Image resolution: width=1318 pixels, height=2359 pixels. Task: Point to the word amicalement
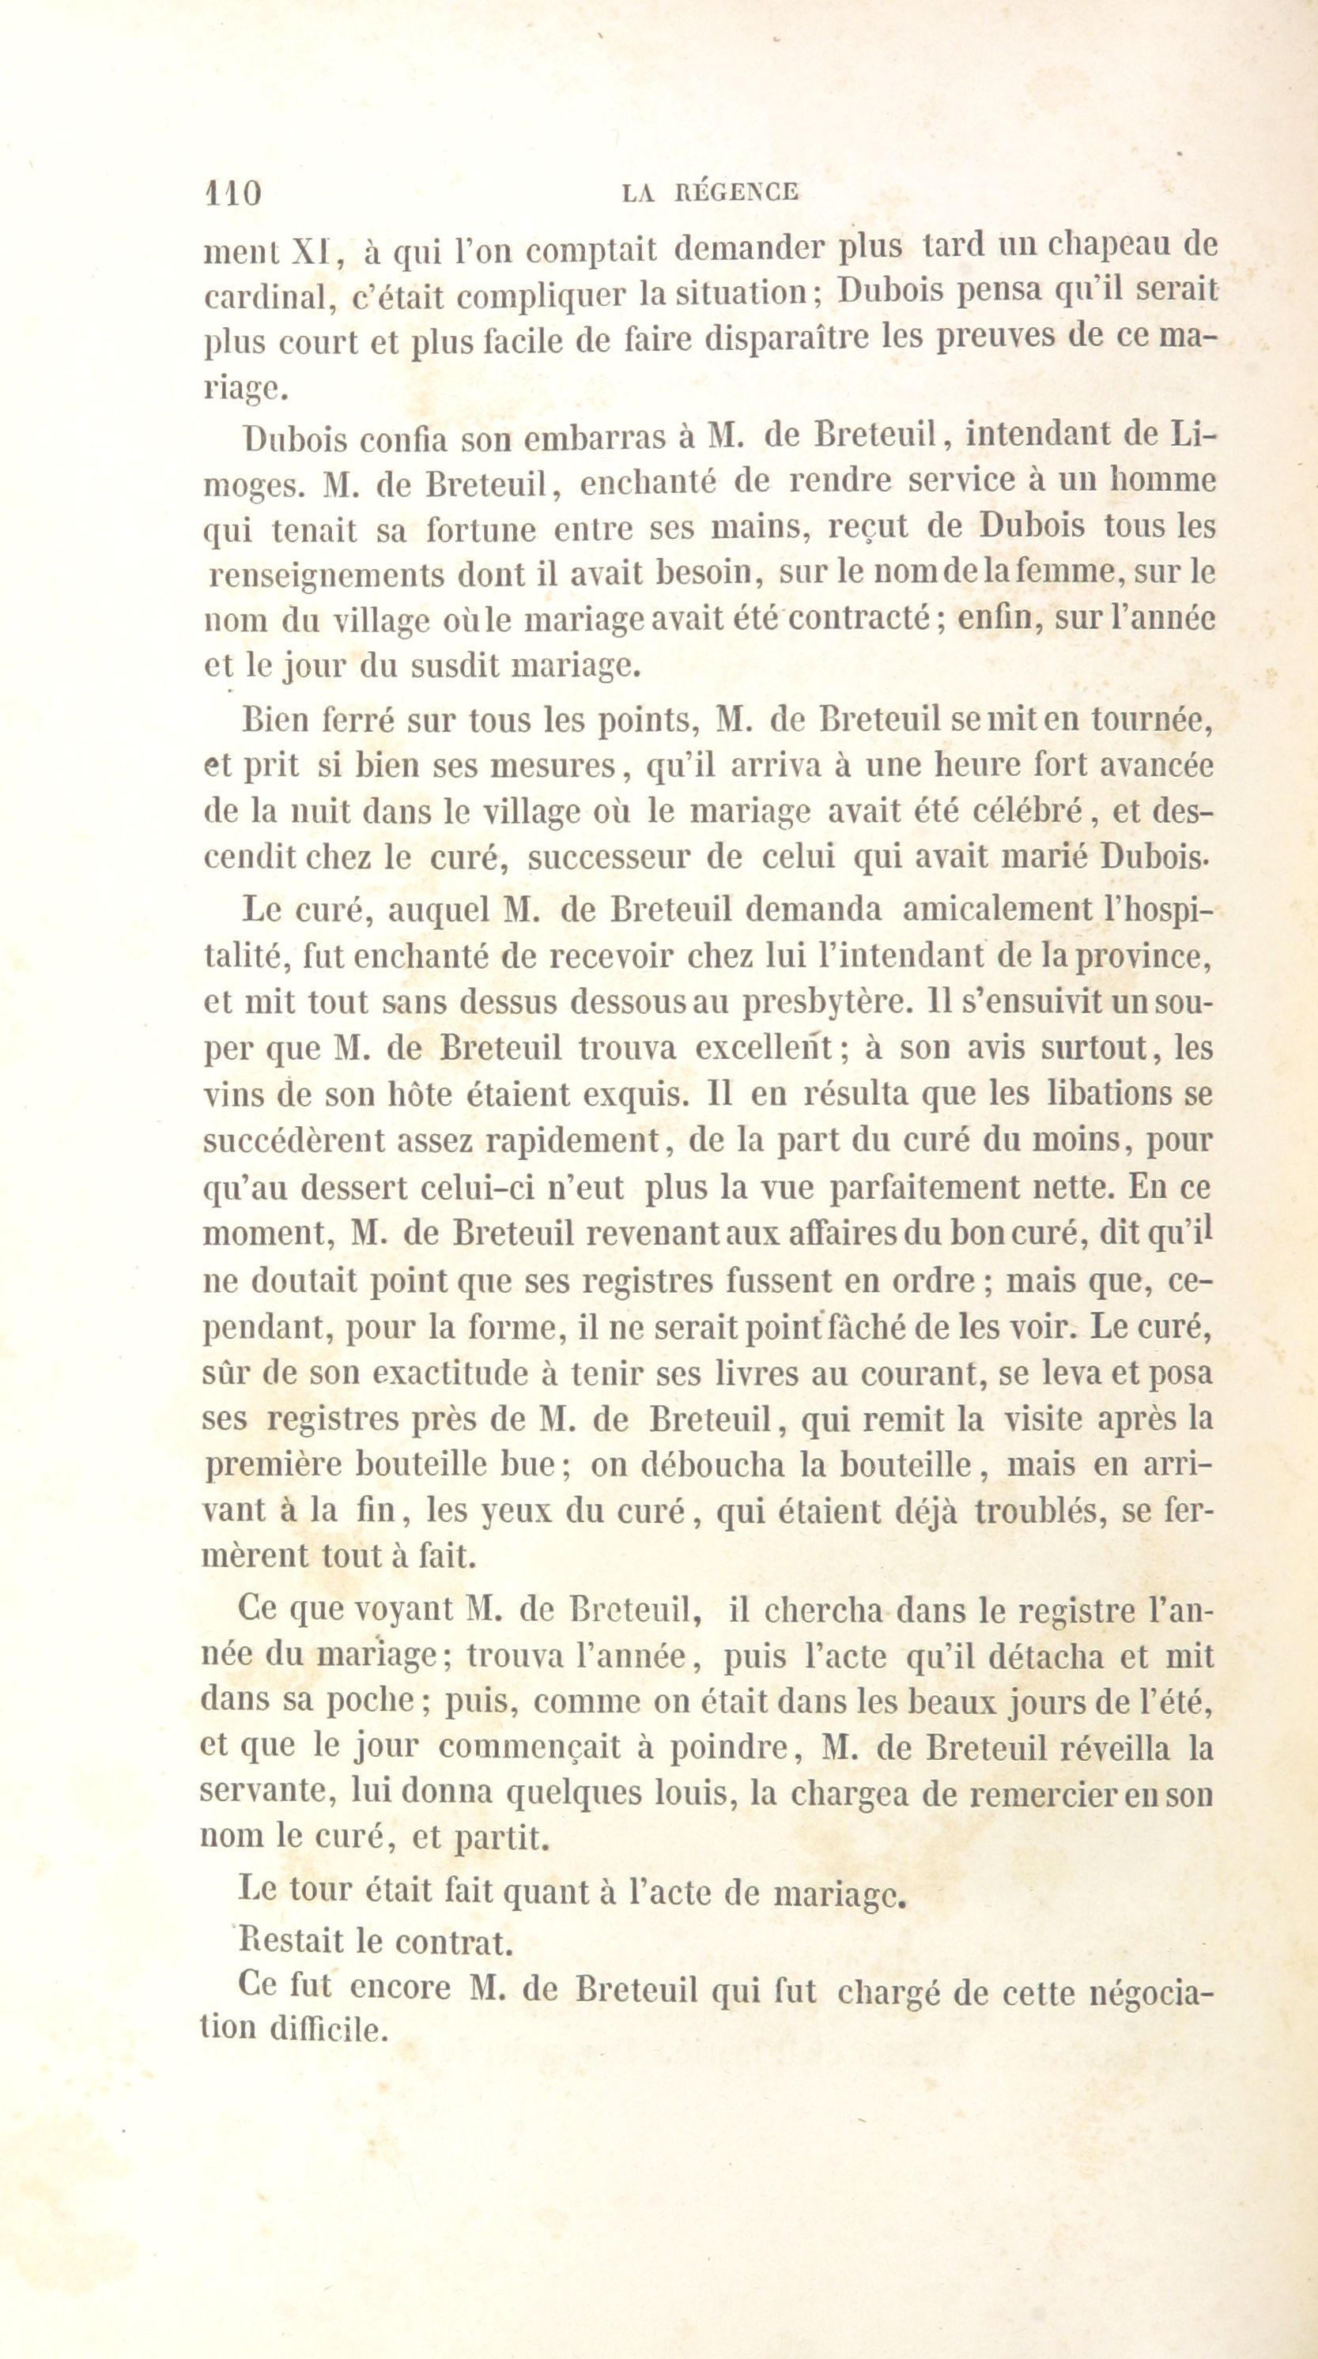(x=999, y=910)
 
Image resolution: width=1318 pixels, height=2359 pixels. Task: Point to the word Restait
(x=291, y=1940)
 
